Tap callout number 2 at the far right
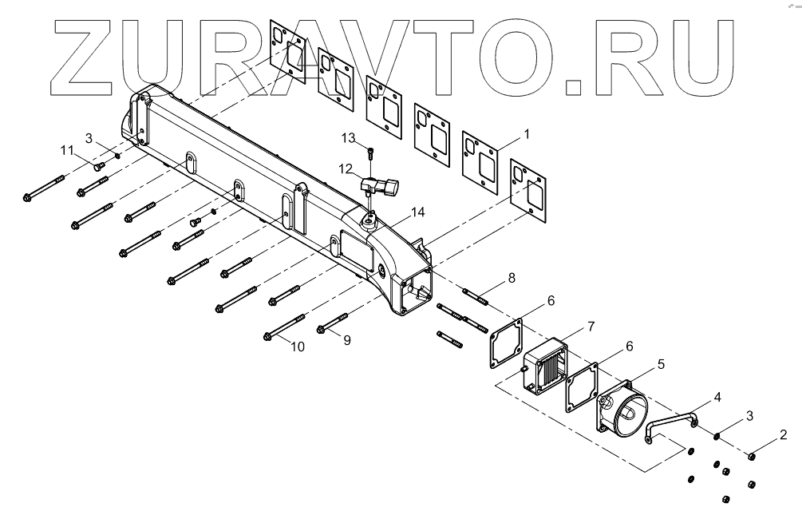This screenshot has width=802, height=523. (x=784, y=435)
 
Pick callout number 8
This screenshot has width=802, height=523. (x=512, y=279)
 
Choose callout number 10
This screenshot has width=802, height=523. (x=298, y=347)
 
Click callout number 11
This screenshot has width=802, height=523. (x=67, y=149)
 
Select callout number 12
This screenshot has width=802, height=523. (x=346, y=168)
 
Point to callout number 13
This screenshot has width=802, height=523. (x=348, y=138)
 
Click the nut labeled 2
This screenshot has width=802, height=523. (x=751, y=457)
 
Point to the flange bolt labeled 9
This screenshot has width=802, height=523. (x=329, y=325)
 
